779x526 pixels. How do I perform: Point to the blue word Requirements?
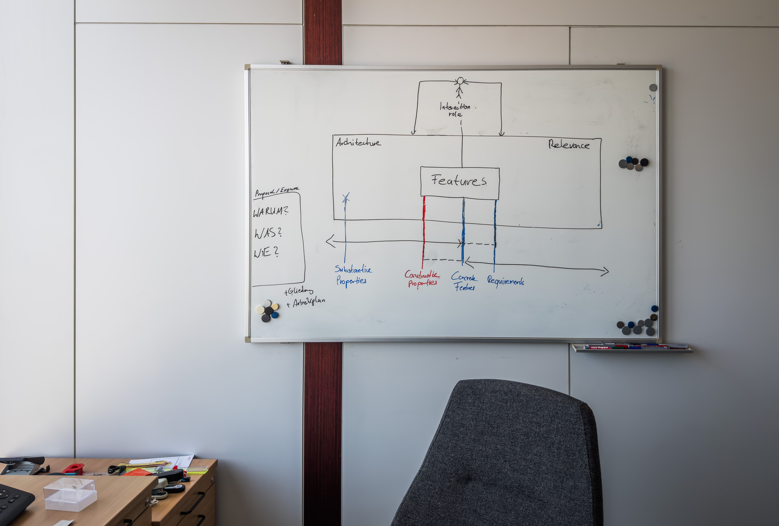coord(506,281)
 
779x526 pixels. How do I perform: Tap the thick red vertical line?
coord(424,231)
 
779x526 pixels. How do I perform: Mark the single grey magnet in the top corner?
coord(653,87)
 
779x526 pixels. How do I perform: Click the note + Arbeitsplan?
coord(306,302)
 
